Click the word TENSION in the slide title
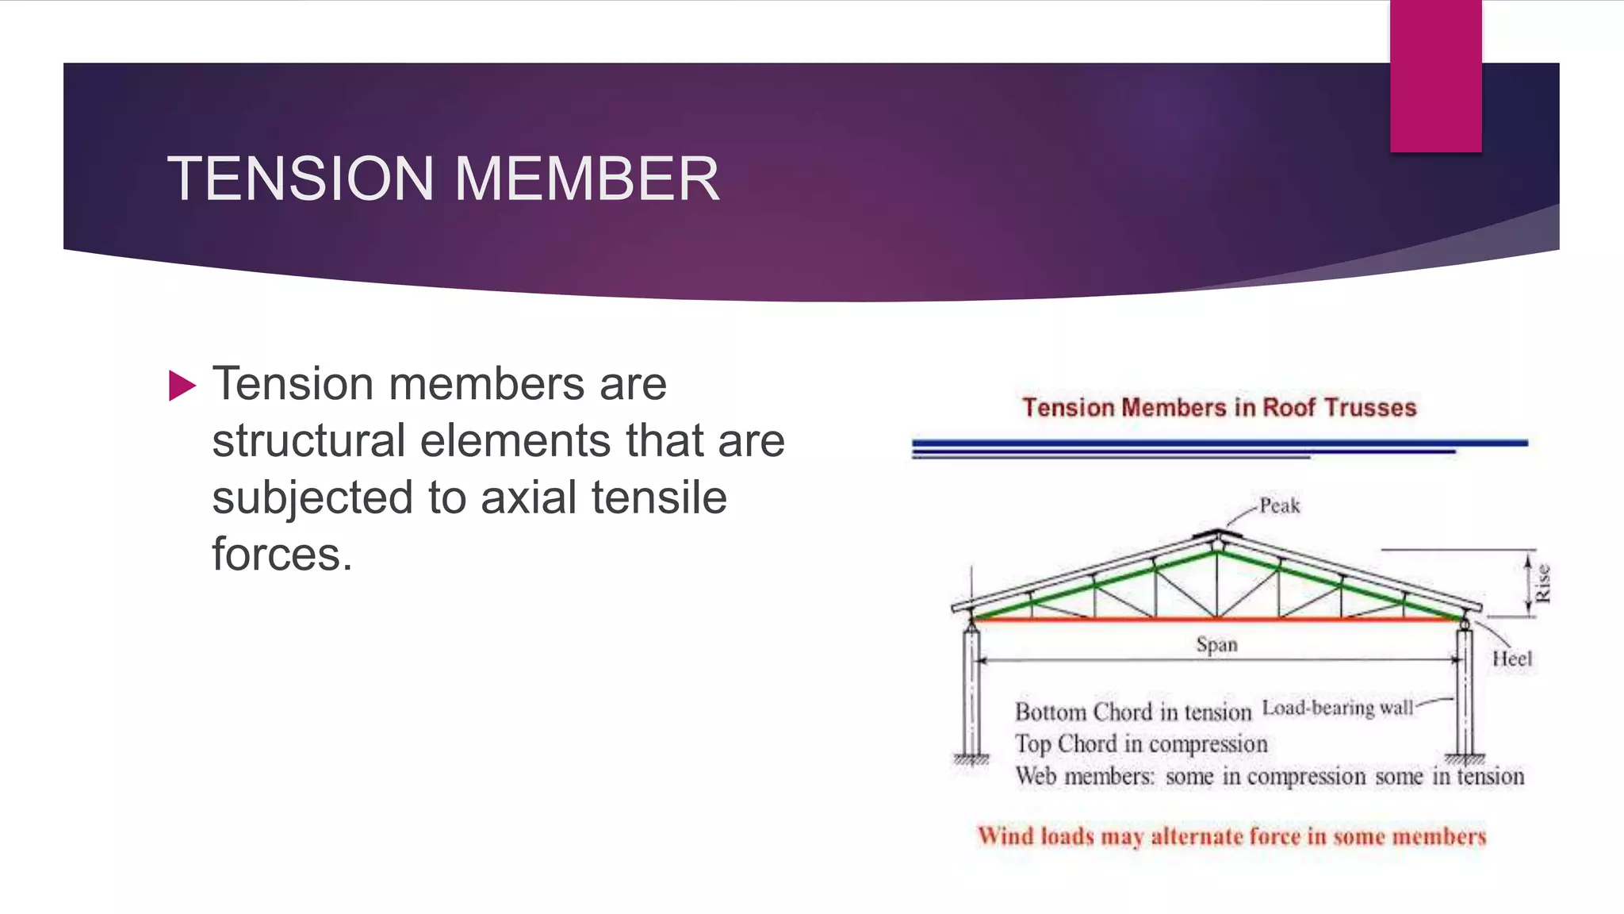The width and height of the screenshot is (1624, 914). click(300, 179)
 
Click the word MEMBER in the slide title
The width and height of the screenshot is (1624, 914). click(587, 179)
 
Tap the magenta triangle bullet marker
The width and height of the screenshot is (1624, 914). click(182, 386)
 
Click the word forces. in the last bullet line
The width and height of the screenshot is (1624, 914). click(282, 555)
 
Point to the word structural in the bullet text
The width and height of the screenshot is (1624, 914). click(308, 441)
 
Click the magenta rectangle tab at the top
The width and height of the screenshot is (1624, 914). click(1435, 75)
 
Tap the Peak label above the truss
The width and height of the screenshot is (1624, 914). click(1279, 506)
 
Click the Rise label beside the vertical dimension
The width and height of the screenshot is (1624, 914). click(1542, 583)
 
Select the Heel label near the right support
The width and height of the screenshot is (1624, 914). click(1511, 659)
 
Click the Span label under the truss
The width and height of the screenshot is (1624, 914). click(1216, 644)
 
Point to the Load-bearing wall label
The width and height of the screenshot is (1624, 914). click(1337, 708)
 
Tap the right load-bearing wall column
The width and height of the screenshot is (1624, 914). click(1465, 690)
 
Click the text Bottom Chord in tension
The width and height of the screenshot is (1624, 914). click(1132, 712)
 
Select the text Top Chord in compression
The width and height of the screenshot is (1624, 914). click(1141, 744)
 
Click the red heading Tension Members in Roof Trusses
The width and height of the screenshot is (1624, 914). click(1219, 408)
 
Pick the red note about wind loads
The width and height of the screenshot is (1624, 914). click(1231, 836)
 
